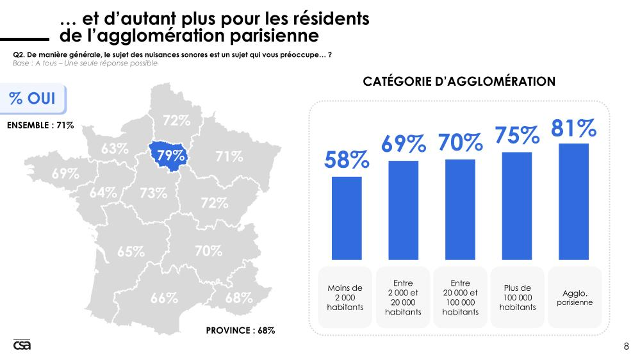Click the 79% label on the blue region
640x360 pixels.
(171, 155)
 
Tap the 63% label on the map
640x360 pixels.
(115, 148)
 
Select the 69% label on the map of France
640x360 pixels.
(65, 173)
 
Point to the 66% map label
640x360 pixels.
(164, 298)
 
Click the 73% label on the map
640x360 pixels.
(153, 193)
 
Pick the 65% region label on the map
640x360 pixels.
(131, 252)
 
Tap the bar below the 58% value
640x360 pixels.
(347, 217)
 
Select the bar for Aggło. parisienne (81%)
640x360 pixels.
(573, 200)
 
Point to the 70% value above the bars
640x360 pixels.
(459, 142)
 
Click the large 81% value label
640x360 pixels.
(573, 128)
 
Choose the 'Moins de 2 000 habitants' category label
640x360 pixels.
(345, 298)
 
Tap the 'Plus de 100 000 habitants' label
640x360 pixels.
(517, 298)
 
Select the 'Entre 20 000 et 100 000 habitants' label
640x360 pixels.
(460, 298)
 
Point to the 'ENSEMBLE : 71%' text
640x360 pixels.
(40, 125)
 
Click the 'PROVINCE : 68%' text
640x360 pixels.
(240, 331)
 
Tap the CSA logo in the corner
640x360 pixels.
(22, 345)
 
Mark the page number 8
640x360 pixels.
(626, 347)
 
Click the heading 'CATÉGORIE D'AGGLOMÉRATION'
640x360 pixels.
(459, 81)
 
